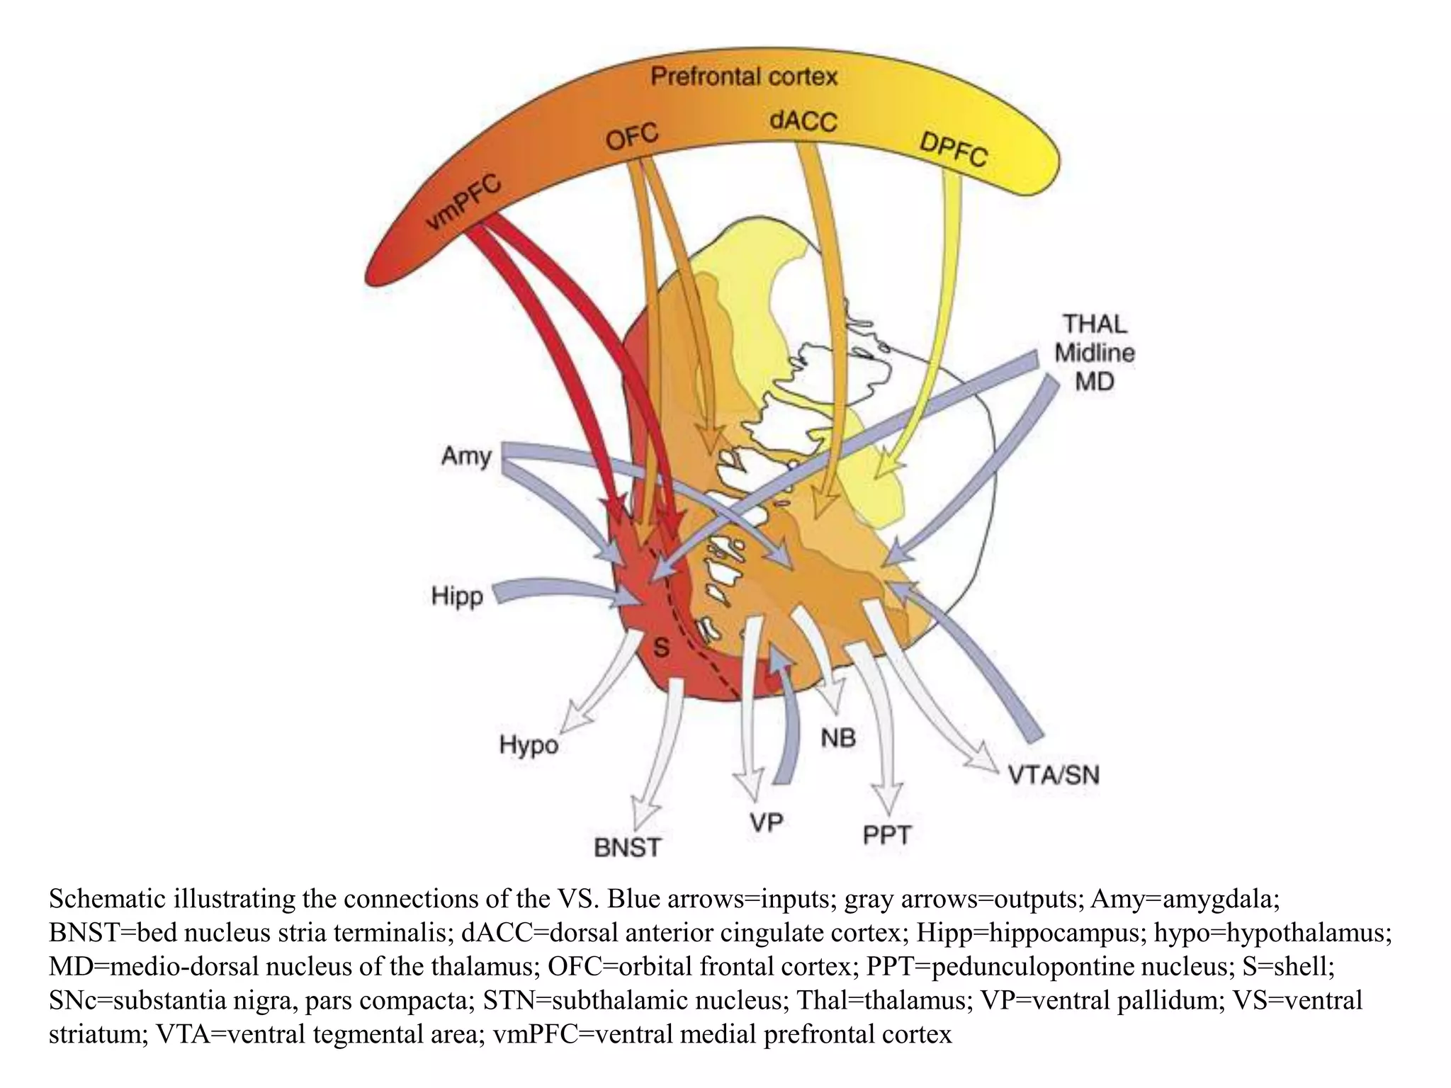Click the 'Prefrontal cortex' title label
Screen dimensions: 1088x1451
click(744, 76)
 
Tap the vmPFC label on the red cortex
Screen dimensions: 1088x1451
click(463, 204)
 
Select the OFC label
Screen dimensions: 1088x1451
click(632, 135)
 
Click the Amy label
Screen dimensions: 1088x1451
click(465, 455)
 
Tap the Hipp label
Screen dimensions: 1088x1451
click(457, 596)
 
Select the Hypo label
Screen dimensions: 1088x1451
click(529, 744)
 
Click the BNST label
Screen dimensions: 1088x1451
click(627, 847)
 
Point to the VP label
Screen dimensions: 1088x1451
click(766, 822)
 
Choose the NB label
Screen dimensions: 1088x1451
click(838, 739)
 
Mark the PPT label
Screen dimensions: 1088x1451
click(886, 835)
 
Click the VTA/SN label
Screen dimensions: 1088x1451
click(1054, 775)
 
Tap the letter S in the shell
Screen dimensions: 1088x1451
click(660, 647)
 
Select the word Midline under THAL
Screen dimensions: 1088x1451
click(1095, 353)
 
